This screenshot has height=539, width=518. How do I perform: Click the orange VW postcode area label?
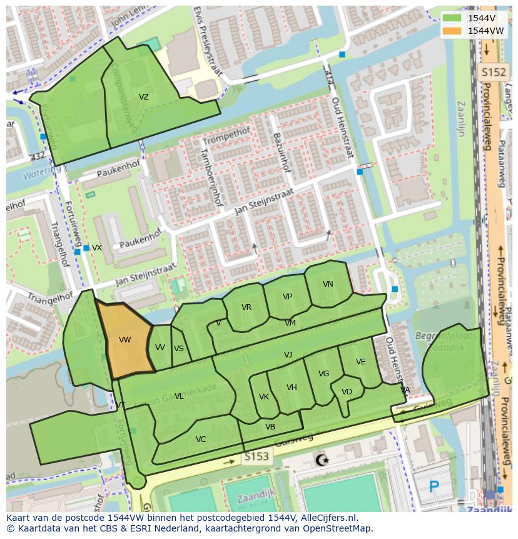pos(124,340)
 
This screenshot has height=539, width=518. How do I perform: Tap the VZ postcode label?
pos(144,97)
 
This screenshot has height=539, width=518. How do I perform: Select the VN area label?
pos(328,284)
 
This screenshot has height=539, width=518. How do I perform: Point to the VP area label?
pos(287,297)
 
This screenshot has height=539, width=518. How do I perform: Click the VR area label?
pos(246,307)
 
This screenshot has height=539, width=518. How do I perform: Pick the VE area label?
pos(360,362)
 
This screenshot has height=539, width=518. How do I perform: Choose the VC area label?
pos(201,439)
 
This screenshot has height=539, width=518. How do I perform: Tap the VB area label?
pos(270,427)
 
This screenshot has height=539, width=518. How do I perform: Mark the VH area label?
pos(292,388)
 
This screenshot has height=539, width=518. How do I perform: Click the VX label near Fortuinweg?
pos(97,248)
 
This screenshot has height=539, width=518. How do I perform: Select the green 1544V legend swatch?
pos(451,18)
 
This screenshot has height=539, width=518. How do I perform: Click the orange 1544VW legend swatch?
pos(451,31)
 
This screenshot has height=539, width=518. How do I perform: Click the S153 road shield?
pos(256,458)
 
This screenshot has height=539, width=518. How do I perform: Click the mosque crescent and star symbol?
pos(322,461)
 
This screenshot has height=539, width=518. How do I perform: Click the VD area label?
pos(347,392)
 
